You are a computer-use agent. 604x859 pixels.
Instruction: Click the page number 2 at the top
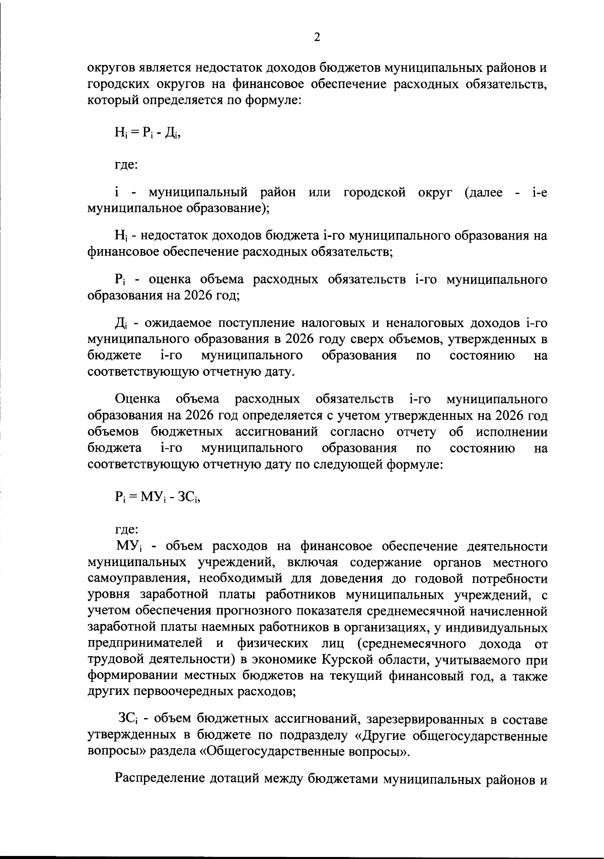click(317, 38)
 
